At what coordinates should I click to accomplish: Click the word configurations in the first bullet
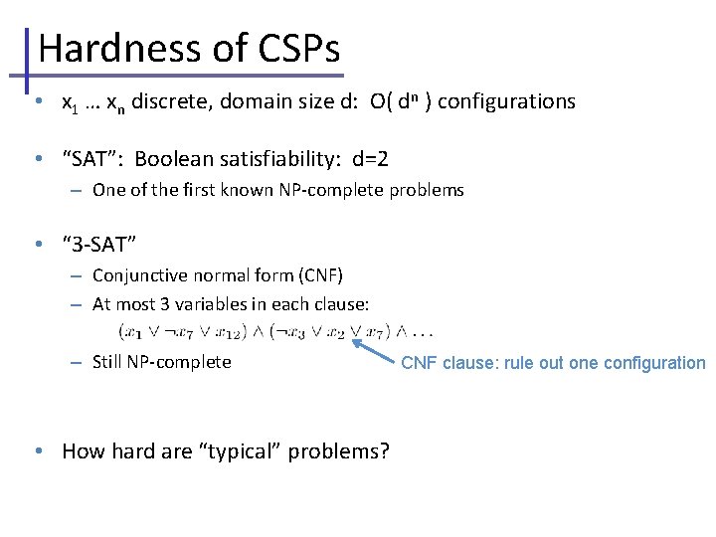click(x=506, y=101)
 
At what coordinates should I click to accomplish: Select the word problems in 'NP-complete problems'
click(x=428, y=190)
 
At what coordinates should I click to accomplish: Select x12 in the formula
click(x=238, y=330)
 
